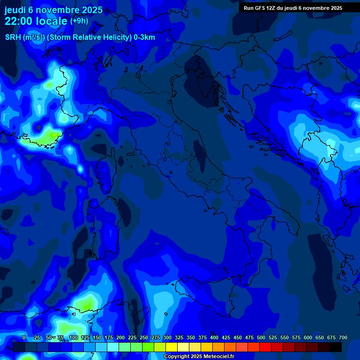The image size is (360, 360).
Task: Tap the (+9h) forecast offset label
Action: pyautogui.click(x=79, y=21)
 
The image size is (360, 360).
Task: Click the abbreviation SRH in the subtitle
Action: pyautogui.click(x=13, y=37)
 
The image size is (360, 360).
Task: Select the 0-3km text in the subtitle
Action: pyautogui.click(x=144, y=37)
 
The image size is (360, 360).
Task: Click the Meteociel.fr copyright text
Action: pyautogui.click(x=198, y=357)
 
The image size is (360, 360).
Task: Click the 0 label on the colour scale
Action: pyautogui.click(x=24, y=337)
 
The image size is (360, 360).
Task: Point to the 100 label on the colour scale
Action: pyautogui.click(x=73, y=337)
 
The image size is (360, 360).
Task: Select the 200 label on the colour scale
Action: pyautogui.click(x=120, y=337)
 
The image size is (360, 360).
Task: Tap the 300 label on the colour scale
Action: pyautogui.click(x=167, y=337)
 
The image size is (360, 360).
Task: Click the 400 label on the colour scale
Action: pyautogui.click(x=214, y=337)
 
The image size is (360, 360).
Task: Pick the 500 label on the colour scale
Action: pyautogui.click(x=261, y=337)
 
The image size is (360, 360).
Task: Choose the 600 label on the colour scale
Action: pyautogui.click(x=308, y=337)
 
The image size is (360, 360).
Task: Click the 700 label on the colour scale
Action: pyautogui.click(x=343, y=337)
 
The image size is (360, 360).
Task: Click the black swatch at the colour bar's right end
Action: pyautogui.click(x=336, y=347)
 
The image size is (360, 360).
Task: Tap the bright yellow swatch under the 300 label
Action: pyautogui.click(x=172, y=347)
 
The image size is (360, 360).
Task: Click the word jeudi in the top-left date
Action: pyautogui.click(x=15, y=9)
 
